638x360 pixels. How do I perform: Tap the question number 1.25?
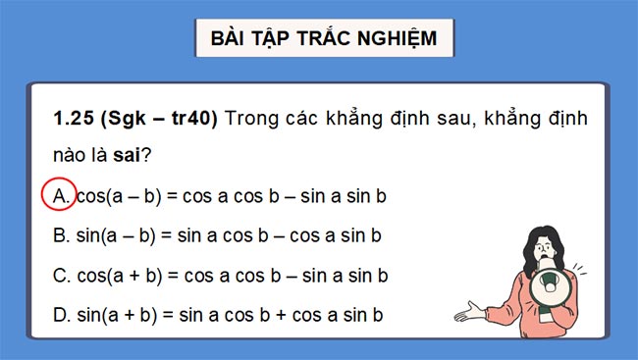[73, 119]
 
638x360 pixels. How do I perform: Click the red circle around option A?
[61, 196]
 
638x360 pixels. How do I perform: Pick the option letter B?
[60, 235]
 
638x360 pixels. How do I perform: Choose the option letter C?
[60, 276]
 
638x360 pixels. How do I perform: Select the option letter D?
[60, 315]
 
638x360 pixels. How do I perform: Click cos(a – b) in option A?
[116, 196]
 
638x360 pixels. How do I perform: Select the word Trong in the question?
[251, 119]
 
